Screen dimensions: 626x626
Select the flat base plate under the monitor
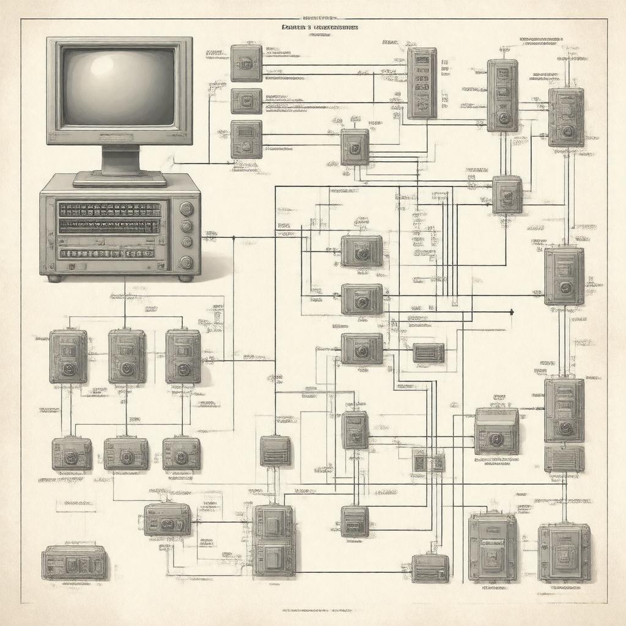pos(120,179)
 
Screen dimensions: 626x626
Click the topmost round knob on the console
pos(186,209)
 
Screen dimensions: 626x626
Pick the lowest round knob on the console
pos(186,263)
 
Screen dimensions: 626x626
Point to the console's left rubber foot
pos(56,278)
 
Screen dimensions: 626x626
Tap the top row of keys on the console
pos(110,210)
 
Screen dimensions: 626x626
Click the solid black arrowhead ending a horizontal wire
pos(511,312)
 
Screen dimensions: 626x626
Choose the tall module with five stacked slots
pos(422,83)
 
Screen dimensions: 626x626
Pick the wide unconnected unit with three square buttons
pos(74,562)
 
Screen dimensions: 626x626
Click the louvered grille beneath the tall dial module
pos(564,458)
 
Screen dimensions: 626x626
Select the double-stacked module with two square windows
pos(274,540)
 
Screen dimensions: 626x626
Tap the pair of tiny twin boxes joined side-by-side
pos(429,462)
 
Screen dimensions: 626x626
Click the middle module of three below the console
pos(127,356)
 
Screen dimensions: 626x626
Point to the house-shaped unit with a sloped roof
pos(496,431)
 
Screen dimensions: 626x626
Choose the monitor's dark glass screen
pos(119,87)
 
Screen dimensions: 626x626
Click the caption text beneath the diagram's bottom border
pos(313,610)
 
